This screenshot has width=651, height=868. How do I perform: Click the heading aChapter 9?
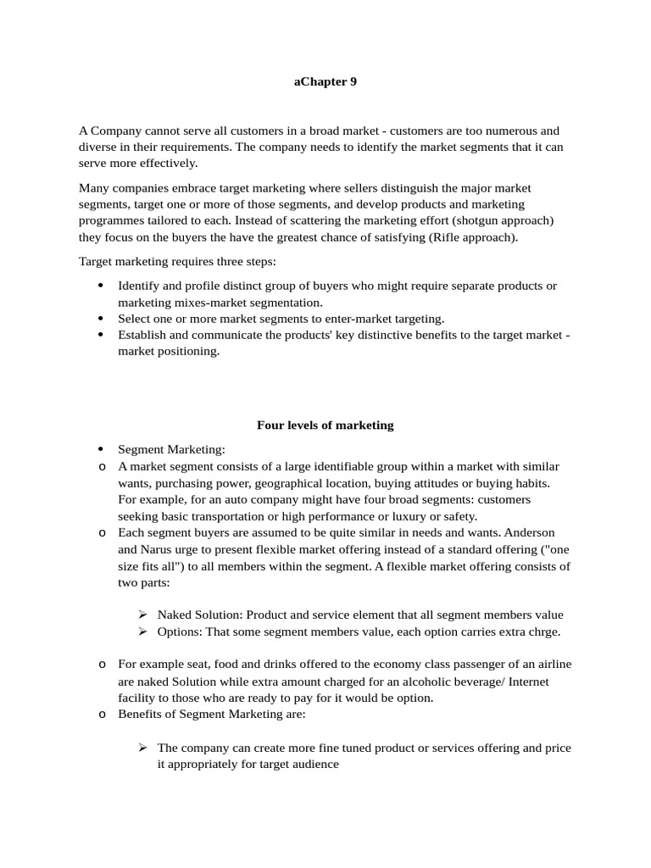tap(325, 82)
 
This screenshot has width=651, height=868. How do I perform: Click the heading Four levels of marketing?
tap(325, 425)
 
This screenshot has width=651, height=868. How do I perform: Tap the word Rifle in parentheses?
tap(446, 237)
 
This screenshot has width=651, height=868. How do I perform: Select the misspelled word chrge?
tap(542, 632)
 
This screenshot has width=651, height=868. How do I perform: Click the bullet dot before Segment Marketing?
tap(101, 449)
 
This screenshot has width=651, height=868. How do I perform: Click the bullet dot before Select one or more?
tap(101, 319)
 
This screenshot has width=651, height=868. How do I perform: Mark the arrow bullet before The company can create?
tap(142, 748)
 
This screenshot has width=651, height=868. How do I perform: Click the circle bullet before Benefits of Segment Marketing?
tap(101, 715)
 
